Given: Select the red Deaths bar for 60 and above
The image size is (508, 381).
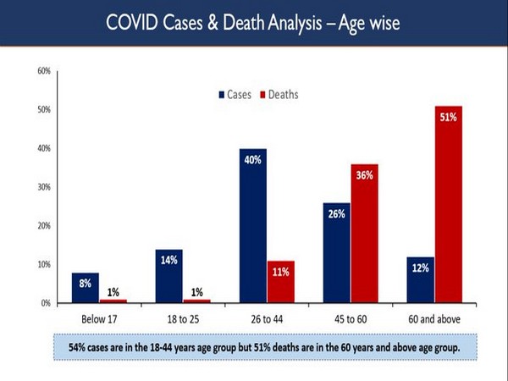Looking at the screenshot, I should point(448,203).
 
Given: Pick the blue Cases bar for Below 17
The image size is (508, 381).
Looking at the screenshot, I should point(86,287).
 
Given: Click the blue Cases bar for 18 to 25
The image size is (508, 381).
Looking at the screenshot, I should point(170,275).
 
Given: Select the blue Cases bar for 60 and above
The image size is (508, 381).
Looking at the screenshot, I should point(420,279).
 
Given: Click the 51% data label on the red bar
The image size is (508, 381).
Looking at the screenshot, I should point(448,117).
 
